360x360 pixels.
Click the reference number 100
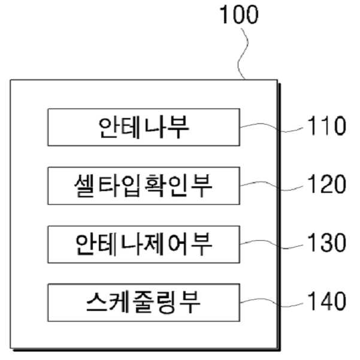pos(239,15)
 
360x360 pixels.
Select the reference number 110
pos(326,125)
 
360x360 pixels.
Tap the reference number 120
pos(326,184)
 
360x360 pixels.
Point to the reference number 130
pos(326,243)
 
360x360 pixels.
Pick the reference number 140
pos(326,301)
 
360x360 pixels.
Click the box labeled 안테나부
pos(144,127)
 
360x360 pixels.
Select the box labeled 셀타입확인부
pos(144,186)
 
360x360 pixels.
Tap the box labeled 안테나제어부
pos(144,244)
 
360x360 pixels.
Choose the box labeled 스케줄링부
pos(144,302)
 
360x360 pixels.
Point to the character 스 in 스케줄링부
pos(96,302)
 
